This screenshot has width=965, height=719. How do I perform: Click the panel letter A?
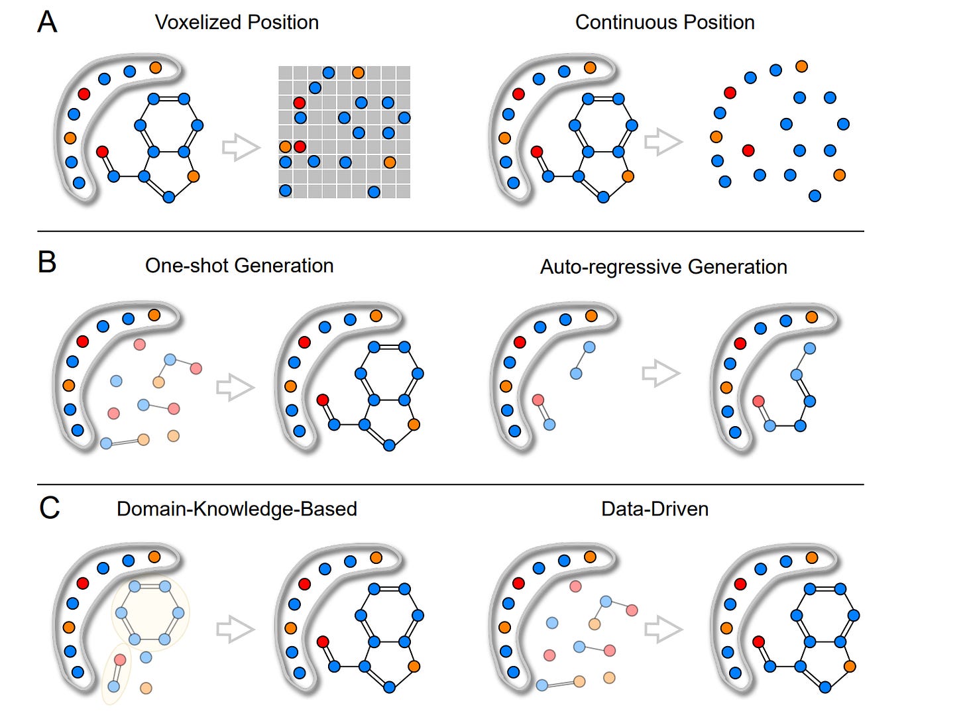click(x=47, y=22)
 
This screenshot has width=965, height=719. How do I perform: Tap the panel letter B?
click(x=47, y=262)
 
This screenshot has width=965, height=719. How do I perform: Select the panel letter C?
click(x=50, y=508)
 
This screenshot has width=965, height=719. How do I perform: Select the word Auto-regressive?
click(x=610, y=267)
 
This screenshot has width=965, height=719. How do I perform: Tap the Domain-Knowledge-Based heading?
click(x=237, y=509)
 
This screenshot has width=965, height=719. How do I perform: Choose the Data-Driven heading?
click(x=655, y=509)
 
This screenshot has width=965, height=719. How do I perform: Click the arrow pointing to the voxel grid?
click(x=241, y=147)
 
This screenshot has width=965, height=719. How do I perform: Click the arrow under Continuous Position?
click(x=663, y=142)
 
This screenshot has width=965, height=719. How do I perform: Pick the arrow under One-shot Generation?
click(x=235, y=387)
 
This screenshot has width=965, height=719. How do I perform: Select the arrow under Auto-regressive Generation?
click(x=661, y=373)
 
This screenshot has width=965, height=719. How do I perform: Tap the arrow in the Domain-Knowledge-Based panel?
click(x=235, y=629)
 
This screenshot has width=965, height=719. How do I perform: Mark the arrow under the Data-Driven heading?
click(x=663, y=629)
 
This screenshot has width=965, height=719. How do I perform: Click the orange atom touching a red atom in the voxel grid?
click(x=286, y=146)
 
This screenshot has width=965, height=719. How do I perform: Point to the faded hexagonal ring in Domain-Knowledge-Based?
click(x=150, y=614)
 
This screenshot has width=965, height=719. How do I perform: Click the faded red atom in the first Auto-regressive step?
click(x=538, y=400)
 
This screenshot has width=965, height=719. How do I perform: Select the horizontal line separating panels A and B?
click(x=451, y=231)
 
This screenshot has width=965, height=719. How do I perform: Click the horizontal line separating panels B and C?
click(x=451, y=484)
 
